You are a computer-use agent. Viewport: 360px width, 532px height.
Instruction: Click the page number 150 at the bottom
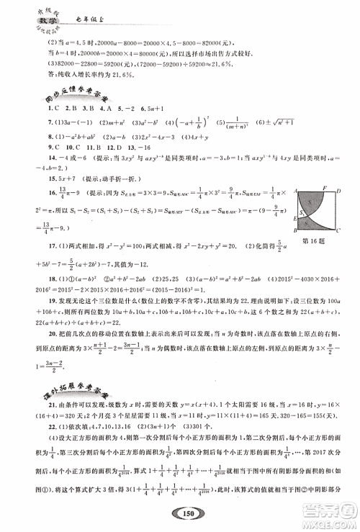pos(181,513)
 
